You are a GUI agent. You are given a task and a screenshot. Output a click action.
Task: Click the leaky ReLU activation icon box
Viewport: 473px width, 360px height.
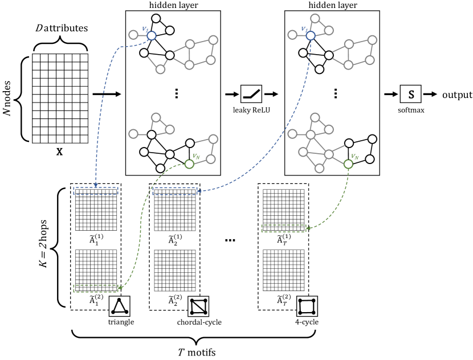click(x=251, y=94)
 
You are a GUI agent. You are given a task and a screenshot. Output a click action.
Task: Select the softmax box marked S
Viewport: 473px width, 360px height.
click(x=410, y=94)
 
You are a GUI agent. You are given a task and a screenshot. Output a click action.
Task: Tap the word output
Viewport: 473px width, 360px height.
click(x=457, y=95)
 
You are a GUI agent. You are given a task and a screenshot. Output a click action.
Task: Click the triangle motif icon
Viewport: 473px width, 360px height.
click(x=120, y=306)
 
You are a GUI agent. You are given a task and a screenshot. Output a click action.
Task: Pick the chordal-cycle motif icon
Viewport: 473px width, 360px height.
click(x=198, y=306)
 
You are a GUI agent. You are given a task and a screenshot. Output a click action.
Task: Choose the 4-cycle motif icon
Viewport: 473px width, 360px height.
click(x=307, y=306)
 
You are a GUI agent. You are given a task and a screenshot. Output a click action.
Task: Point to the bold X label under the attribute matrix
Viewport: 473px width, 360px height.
click(x=59, y=152)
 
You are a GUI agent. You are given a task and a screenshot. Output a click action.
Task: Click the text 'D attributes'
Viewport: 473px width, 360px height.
click(x=62, y=28)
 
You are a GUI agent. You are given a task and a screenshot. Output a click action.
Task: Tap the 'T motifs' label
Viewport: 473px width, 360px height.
click(x=197, y=352)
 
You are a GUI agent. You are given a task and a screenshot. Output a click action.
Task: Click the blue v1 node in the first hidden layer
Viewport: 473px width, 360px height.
click(x=152, y=35)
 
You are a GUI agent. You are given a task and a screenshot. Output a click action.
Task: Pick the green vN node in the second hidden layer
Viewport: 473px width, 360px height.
click(x=348, y=164)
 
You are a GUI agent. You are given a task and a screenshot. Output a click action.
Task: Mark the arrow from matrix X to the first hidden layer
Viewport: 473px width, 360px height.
click(x=107, y=95)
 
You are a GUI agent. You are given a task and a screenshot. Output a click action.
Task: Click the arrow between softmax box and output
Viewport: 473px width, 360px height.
click(x=430, y=95)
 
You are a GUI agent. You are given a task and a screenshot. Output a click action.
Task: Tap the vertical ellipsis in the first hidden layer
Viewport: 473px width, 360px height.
click(x=177, y=94)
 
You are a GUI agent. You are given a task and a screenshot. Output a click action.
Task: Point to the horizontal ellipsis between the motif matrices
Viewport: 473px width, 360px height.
click(x=230, y=240)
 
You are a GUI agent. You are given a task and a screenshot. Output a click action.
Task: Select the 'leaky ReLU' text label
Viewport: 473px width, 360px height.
click(x=251, y=110)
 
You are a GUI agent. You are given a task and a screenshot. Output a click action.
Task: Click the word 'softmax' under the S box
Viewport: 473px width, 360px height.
click(x=411, y=110)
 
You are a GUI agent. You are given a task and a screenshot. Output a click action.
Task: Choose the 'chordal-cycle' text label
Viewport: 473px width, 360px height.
click(x=199, y=322)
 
